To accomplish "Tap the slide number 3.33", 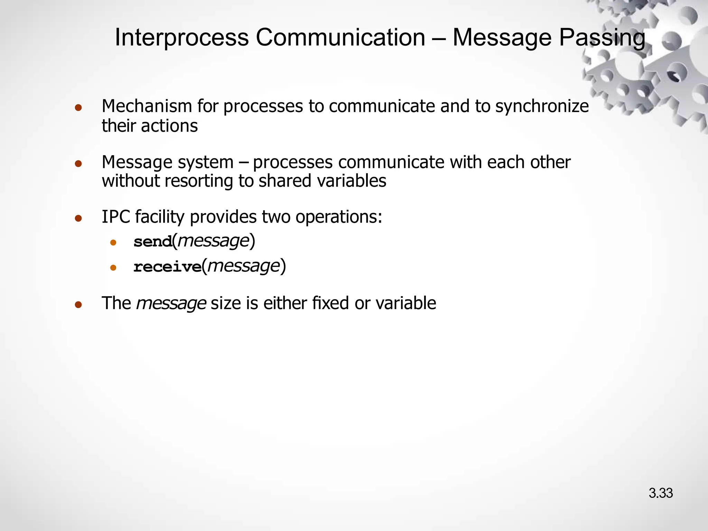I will (661, 493).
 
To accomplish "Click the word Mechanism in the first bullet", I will (147, 106).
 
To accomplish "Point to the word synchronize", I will (542, 106).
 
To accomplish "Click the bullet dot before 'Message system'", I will (78, 163).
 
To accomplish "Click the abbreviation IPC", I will (116, 217).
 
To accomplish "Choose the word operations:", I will (338, 217).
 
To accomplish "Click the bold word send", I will (153, 242).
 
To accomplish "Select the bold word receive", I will (167, 267).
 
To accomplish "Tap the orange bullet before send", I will (113, 243).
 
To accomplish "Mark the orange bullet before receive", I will (113, 268).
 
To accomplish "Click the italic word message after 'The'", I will (171, 304).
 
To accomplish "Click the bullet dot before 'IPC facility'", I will (78, 218).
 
